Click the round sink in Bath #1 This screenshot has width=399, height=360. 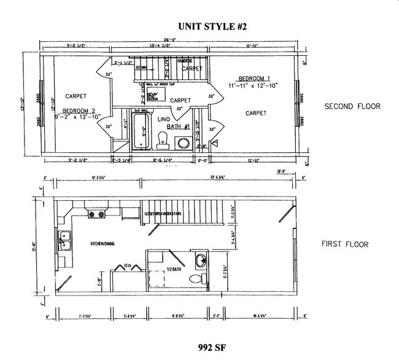point(184,143)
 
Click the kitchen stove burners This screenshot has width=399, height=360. point(98,214)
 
